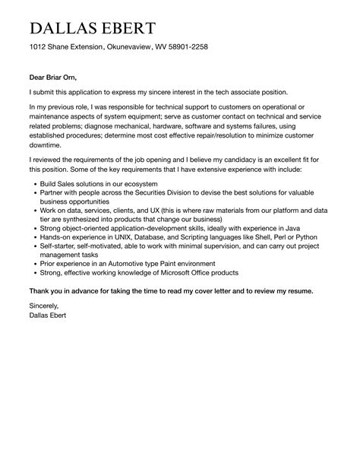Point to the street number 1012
pyautogui.click(x=39, y=47)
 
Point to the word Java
pyautogui.click(x=293, y=229)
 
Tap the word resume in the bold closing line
pyautogui.click(x=295, y=290)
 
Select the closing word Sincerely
pyautogui.click(x=44, y=305)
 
